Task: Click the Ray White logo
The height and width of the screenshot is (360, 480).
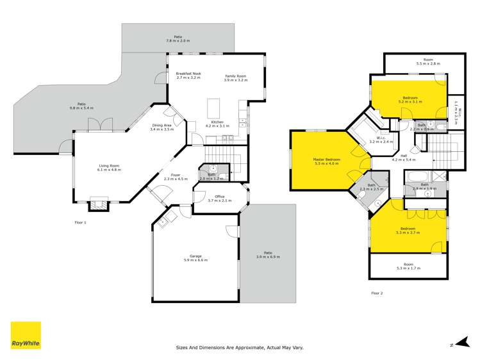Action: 26,335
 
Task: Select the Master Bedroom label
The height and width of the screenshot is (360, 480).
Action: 326,160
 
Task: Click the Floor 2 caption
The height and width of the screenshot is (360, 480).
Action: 377,293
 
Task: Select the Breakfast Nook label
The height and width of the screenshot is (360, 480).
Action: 188,74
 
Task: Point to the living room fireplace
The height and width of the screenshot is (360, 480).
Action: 99,204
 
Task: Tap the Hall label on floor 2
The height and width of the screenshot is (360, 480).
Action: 404,156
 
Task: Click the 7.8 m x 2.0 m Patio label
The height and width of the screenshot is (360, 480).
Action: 174,38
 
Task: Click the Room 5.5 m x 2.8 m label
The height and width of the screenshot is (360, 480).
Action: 428,61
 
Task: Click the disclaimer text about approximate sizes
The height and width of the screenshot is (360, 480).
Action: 240,348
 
